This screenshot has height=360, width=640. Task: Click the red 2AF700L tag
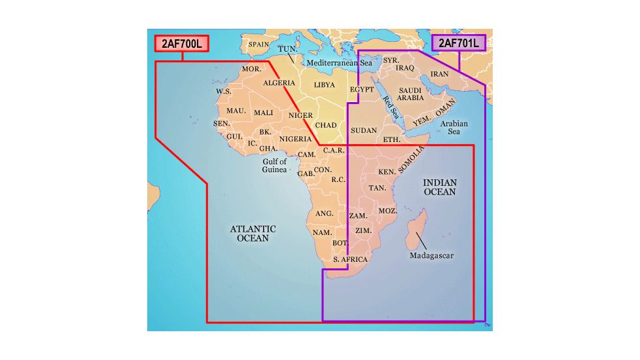click(x=182, y=44)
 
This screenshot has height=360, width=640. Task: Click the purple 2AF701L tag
click(x=459, y=43)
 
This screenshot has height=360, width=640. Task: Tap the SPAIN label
click(x=258, y=45)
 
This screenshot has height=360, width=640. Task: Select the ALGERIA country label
click(x=279, y=83)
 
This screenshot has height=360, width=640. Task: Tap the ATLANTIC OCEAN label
click(x=253, y=234)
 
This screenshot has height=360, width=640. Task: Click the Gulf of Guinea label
click(x=275, y=165)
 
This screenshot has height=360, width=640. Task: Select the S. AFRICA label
click(x=351, y=260)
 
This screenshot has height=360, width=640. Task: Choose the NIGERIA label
click(x=295, y=139)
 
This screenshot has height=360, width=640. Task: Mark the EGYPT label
click(x=361, y=89)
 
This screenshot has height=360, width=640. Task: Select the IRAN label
click(x=439, y=74)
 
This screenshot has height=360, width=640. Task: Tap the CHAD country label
click(x=326, y=125)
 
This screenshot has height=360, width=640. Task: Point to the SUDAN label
click(x=364, y=130)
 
